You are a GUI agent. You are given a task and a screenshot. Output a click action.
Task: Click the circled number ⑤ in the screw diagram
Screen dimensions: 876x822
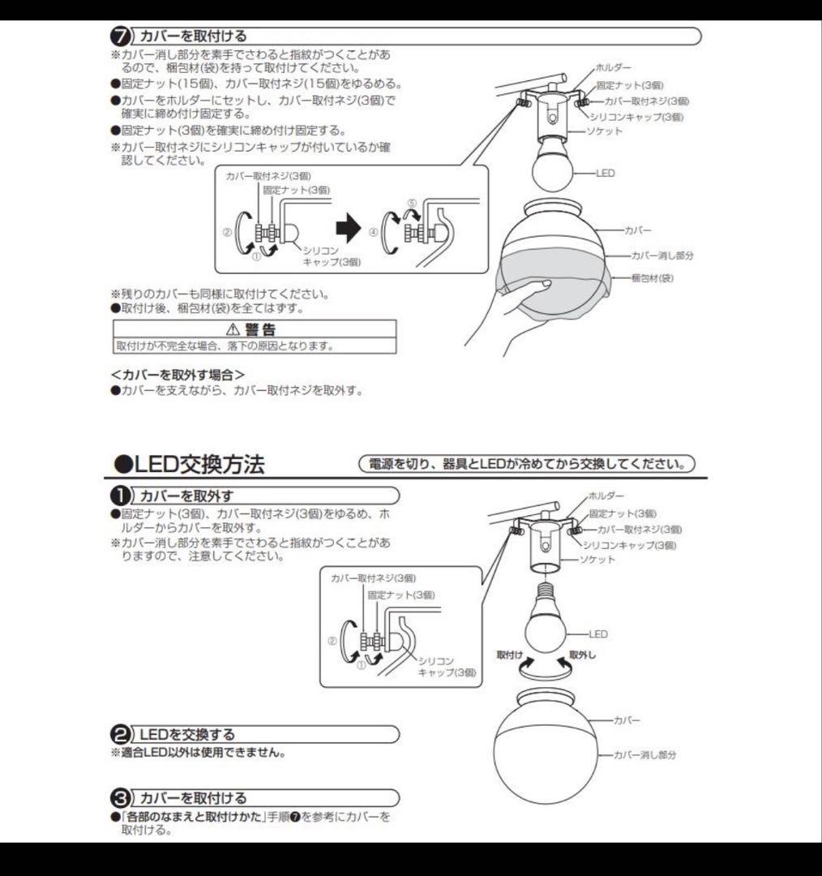pyautogui.click(x=411, y=204)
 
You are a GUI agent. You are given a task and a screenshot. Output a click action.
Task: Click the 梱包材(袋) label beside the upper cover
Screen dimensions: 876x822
pyautogui.click(x=653, y=278)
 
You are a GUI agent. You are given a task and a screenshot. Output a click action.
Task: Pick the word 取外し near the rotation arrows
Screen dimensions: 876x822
pyautogui.click(x=582, y=655)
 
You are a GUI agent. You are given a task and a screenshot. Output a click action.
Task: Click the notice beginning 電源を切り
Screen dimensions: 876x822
pyautogui.click(x=527, y=465)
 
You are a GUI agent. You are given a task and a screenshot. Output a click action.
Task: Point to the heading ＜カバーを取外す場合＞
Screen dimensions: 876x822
pyautogui.click(x=178, y=375)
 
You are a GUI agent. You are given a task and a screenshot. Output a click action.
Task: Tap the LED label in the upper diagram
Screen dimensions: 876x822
pyautogui.click(x=606, y=174)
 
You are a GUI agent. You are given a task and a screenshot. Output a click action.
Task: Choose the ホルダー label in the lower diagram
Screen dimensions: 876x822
pyautogui.click(x=606, y=495)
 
